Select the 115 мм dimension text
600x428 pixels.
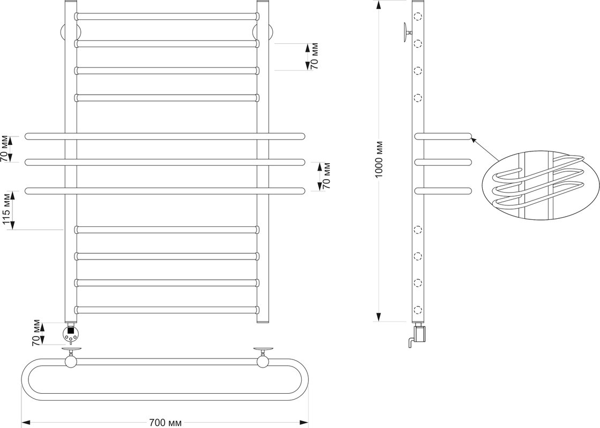[6, 210]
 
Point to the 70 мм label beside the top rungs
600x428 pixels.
[314, 57]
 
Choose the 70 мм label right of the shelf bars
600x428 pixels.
[326, 176]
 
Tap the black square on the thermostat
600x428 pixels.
[71, 331]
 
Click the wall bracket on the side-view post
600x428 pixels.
[407, 33]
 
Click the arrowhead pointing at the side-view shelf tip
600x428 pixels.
[474, 141]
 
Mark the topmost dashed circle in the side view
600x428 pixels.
[418, 17]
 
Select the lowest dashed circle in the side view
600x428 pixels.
[418, 310]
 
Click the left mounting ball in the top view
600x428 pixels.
[71, 361]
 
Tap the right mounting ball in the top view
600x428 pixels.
[263, 361]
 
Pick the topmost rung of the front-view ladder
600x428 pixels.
[167, 17]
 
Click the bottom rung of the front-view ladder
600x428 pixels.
[167, 310]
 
